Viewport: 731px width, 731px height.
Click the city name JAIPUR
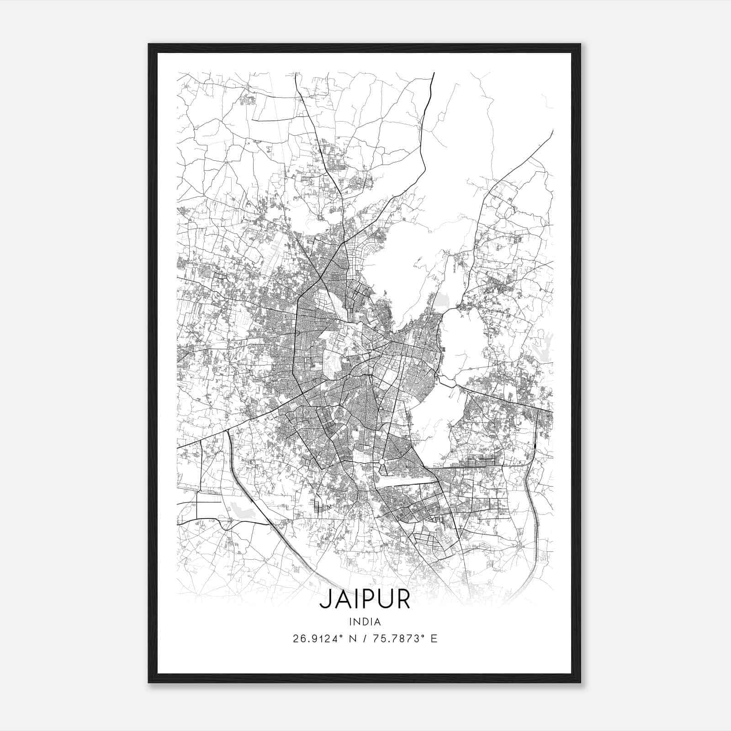click(365, 599)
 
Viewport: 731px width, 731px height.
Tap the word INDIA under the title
click(365, 622)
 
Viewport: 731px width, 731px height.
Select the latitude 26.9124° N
click(324, 639)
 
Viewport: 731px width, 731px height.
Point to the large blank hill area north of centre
click(402, 260)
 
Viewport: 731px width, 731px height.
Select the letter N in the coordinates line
click(352, 639)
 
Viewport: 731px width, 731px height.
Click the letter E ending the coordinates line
click(434, 639)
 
